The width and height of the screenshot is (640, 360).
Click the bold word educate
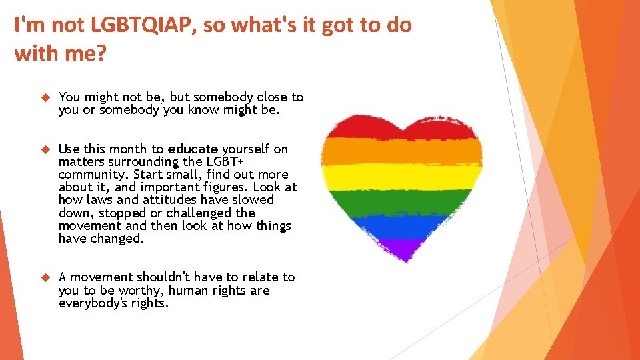tap(193, 149)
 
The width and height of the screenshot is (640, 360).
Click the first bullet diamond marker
tap(45, 97)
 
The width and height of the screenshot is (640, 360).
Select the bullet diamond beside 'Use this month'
tap(45, 149)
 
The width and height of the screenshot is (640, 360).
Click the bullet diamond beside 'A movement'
tap(45, 277)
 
